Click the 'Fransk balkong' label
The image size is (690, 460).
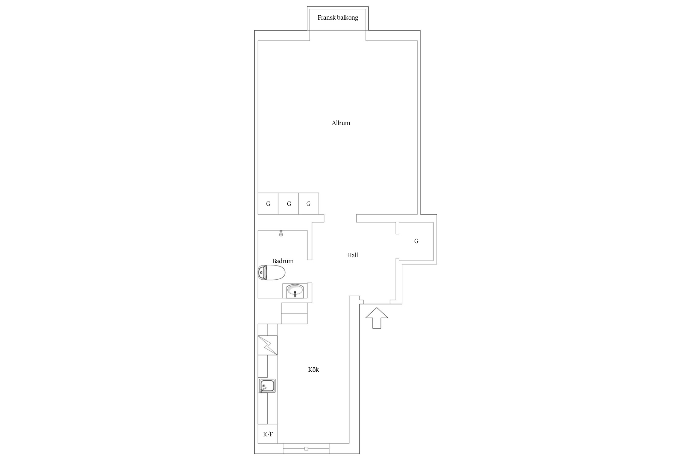click(x=338, y=18)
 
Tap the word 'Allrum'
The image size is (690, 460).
click(x=341, y=123)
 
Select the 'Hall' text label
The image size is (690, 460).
click(x=352, y=255)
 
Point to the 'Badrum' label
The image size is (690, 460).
click(x=283, y=261)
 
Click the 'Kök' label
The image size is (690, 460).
click(x=313, y=370)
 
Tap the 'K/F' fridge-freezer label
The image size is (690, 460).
click(x=268, y=434)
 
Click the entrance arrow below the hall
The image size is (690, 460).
click(x=377, y=318)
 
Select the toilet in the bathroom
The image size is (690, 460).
click(x=272, y=272)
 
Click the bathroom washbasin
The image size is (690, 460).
click(x=295, y=291)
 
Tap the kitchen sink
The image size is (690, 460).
click(x=267, y=386)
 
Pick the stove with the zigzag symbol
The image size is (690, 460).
click(x=267, y=345)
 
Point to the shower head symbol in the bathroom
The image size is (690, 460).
click(x=281, y=233)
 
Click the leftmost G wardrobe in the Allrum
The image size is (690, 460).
click(x=268, y=204)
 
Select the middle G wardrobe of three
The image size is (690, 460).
click(x=289, y=204)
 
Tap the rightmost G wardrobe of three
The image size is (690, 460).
click(x=309, y=204)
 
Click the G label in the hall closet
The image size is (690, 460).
click(x=416, y=241)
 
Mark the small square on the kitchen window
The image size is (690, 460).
click(x=306, y=449)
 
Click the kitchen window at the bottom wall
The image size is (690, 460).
click(x=306, y=448)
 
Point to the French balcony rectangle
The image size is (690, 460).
click(x=338, y=18)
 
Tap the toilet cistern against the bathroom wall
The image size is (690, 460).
click(x=262, y=272)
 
